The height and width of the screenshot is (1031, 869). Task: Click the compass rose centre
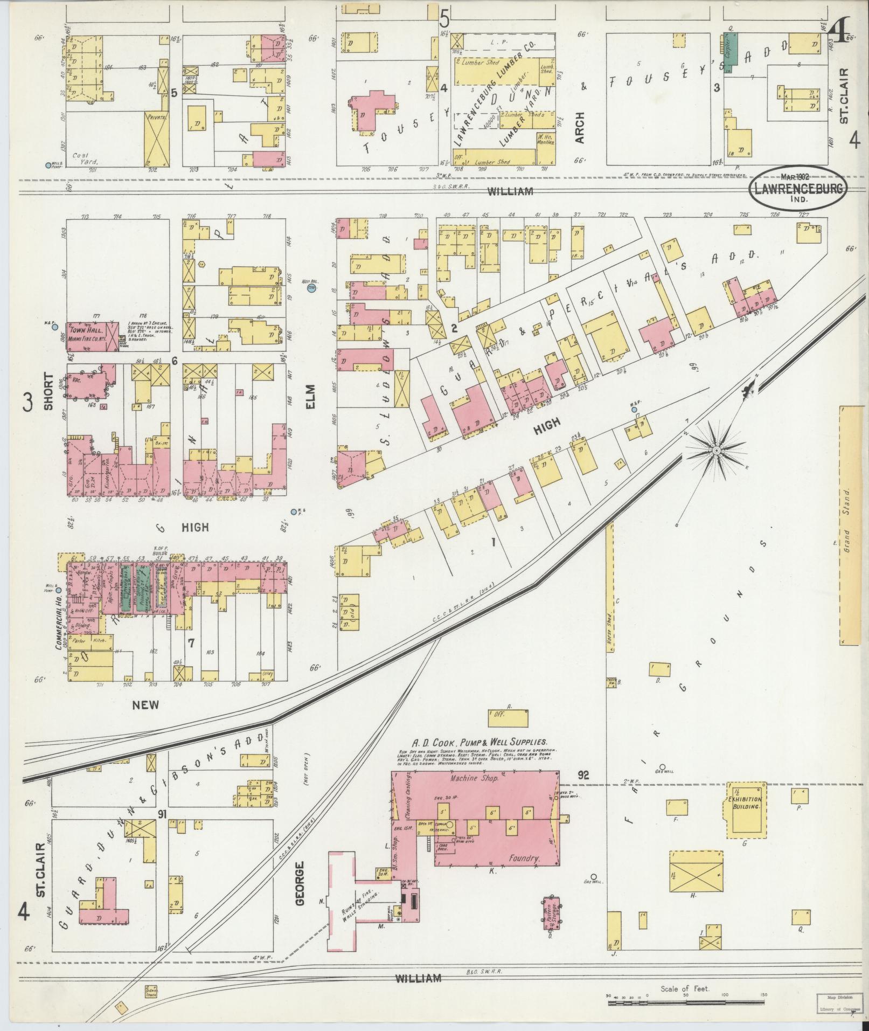coord(717,450)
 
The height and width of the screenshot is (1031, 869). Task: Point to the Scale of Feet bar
coord(684,1004)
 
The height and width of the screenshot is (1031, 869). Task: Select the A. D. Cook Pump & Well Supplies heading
coord(479,742)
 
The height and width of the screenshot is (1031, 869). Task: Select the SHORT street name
coord(49,392)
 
